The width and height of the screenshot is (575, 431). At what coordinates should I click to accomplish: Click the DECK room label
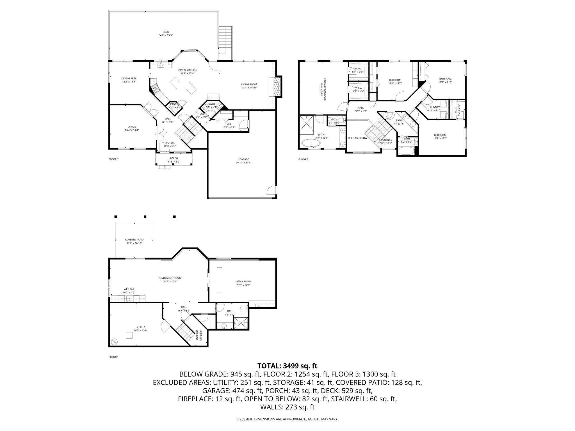click(x=166, y=32)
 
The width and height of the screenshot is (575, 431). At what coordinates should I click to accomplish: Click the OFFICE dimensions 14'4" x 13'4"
click(x=132, y=130)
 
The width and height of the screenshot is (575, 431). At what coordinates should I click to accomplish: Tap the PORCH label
click(x=174, y=159)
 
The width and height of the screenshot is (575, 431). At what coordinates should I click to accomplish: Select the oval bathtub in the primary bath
click(x=311, y=144)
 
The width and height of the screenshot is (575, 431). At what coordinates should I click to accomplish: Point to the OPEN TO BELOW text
click(x=357, y=138)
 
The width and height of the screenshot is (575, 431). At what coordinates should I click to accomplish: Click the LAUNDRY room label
click(x=434, y=107)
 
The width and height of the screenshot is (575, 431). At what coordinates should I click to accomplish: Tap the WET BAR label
click(x=129, y=289)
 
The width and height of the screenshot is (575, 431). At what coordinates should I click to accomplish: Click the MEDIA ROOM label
click(x=243, y=281)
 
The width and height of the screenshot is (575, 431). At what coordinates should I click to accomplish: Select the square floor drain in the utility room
click(x=129, y=335)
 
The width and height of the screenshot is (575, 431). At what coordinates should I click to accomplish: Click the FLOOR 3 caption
click(x=303, y=159)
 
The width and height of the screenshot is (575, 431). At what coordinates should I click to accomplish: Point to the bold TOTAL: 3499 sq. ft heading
click(x=287, y=366)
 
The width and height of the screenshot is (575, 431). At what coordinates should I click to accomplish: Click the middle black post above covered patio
click(x=145, y=217)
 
